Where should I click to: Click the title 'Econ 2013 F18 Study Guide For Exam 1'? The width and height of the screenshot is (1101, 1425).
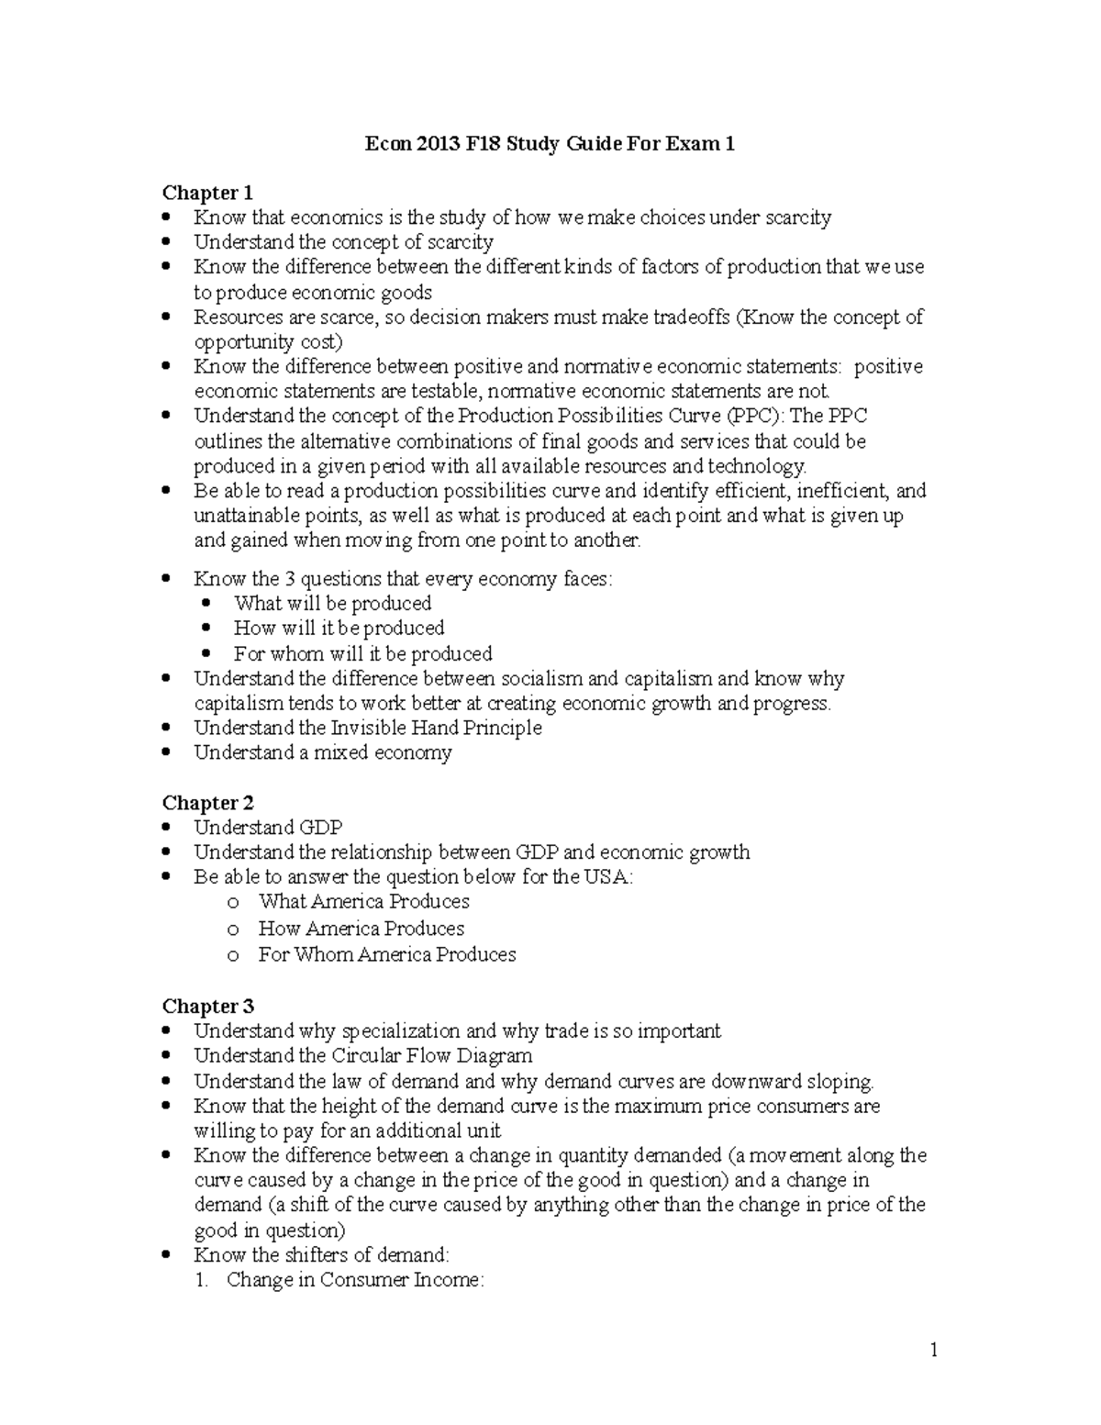[550, 144]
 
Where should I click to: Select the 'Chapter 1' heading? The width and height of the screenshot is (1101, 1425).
[207, 193]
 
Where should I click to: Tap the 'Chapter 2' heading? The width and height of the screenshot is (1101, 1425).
[207, 803]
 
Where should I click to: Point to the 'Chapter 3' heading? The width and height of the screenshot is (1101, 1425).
[207, 1007]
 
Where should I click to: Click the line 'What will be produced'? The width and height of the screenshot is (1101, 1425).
[332, 604]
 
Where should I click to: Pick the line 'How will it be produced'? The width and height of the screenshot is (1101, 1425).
[339, 629]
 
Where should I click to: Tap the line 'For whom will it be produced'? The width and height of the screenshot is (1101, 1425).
[362, 654]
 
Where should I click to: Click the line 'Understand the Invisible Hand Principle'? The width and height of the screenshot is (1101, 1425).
[367, 729]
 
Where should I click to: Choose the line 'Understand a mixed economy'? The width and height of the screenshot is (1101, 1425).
[322, 753]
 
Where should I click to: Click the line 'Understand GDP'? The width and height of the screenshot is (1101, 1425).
[268, 828]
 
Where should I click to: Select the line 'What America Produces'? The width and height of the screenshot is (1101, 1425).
[363, 902]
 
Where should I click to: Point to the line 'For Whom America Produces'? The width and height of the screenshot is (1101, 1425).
[386, 955]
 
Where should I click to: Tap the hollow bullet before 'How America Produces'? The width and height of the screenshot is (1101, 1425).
[233, 930]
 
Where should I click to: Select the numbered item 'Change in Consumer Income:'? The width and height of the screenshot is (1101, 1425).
[354, 1280]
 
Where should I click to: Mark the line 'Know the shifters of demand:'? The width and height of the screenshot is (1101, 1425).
[321, 1255]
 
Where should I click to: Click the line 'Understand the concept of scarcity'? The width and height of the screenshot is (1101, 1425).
[343, 243]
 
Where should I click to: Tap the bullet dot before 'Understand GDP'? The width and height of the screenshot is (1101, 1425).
[166, 828]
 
